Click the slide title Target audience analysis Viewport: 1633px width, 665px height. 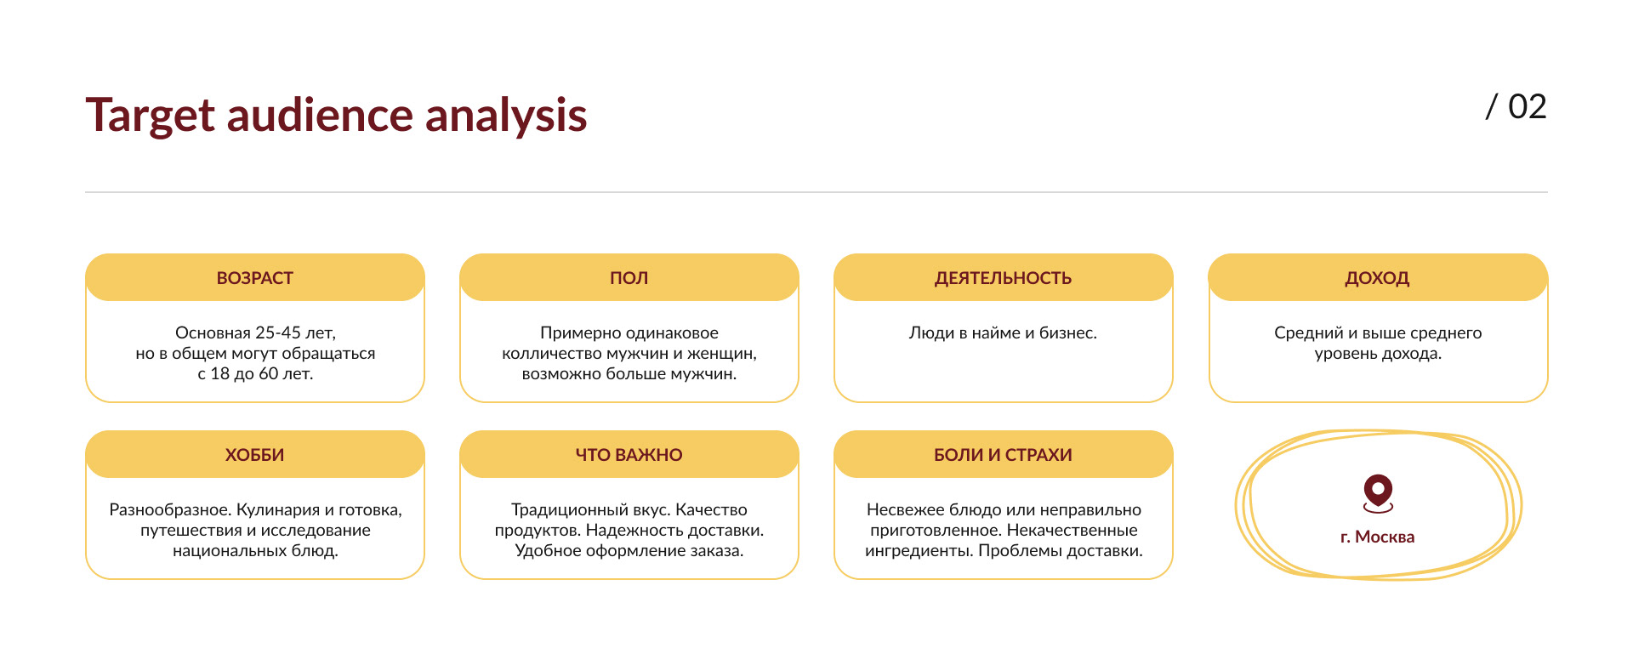click(336, 115)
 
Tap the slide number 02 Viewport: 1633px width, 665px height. click(1527, 107)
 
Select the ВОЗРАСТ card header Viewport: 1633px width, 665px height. click(255, 278)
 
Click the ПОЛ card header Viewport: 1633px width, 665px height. click(629, 278)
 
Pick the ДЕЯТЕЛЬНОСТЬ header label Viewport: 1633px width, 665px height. click(1004, 278)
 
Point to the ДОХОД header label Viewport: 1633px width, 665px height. click(1378, 278)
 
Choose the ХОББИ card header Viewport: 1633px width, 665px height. click(255, 455)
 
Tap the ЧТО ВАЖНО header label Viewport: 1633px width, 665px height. click(629, 455)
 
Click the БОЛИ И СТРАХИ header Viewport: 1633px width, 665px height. click(1004, 455)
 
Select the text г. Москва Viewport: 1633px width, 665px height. click(1378, 537)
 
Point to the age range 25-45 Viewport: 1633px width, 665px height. click(278, 332)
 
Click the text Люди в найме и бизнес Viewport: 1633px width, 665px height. click(1004, 332)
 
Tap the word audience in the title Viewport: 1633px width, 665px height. click(320, 115)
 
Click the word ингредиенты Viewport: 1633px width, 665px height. click(919, 551)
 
